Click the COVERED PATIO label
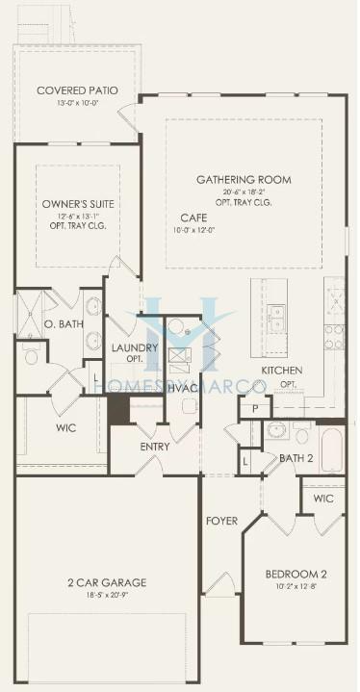(77, 91)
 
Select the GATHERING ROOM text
(244, 180)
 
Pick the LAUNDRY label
(134, 347)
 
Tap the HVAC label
(182, 387)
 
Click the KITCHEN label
(283, 371)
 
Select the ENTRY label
(155, 447)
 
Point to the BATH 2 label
(296, 458)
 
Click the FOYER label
(221, 521)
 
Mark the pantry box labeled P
(255, 409)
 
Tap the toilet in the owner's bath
(31, 357)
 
